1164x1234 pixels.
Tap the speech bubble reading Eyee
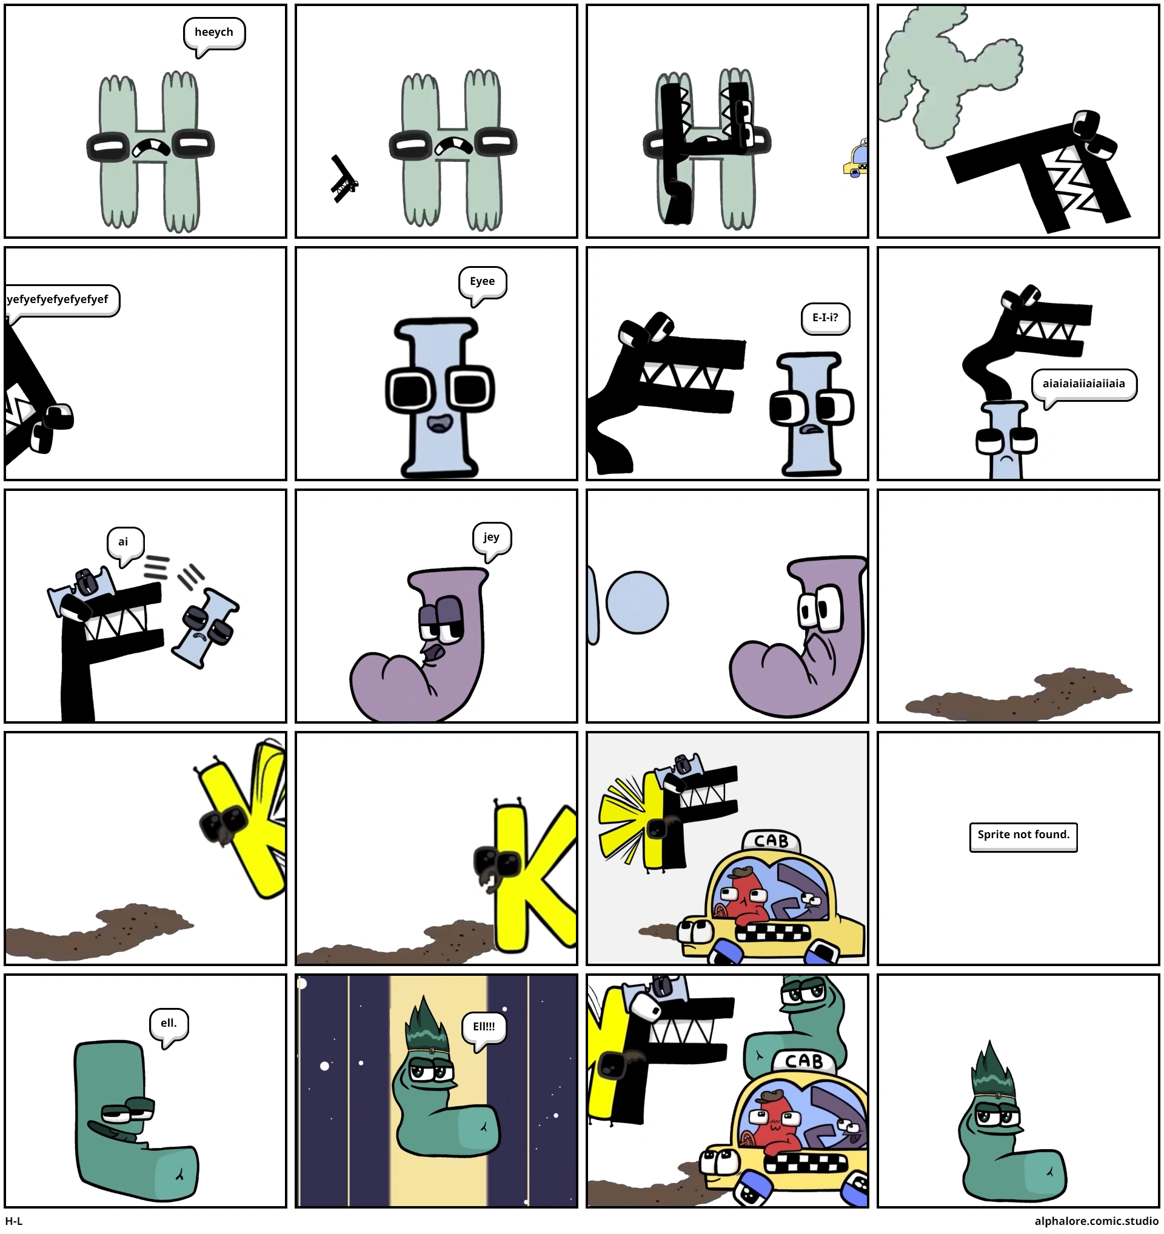coord(483,284)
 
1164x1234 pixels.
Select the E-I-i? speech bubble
coord(825,318)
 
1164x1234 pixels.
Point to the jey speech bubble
coord(491,539)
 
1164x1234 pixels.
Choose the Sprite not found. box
coord(1023,837)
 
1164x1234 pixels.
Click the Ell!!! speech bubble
coord(484,1029)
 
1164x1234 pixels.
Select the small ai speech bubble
coord(125,544)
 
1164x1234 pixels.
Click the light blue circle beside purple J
coord(637,602)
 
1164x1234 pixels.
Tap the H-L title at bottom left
coord(14,1221)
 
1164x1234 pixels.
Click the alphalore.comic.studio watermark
coord(1096,1221)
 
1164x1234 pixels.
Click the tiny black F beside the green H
coord(344,179)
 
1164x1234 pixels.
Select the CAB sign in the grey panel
coord(771,841)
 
